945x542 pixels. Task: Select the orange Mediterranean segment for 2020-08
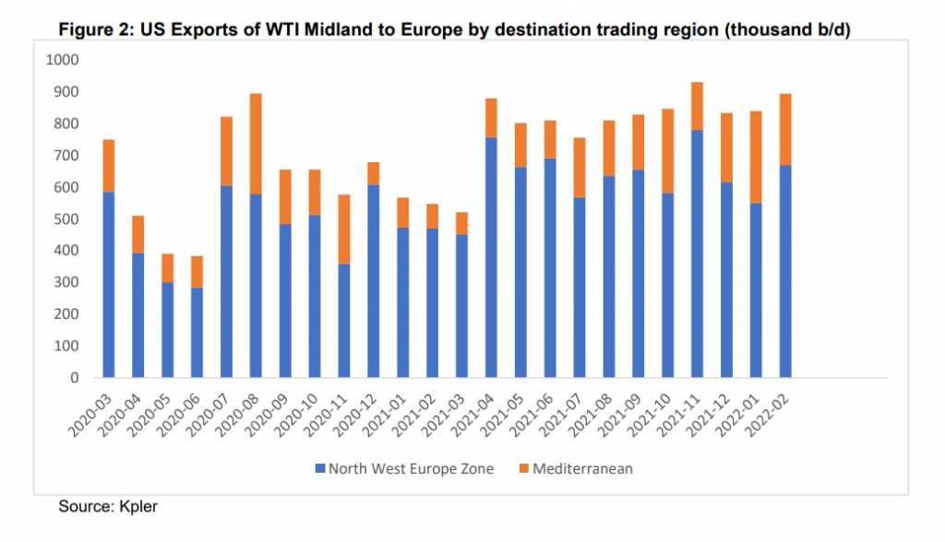[257, 143]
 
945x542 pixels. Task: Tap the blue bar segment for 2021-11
[698, 253]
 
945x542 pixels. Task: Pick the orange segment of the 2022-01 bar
[757, 157]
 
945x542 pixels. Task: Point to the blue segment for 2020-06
[197, 332]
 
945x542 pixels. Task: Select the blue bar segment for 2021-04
[492, 257]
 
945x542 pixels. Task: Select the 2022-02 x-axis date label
[772, 410]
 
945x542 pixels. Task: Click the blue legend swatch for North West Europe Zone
[320, 469]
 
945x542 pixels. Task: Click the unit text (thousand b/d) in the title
[788, 30]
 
